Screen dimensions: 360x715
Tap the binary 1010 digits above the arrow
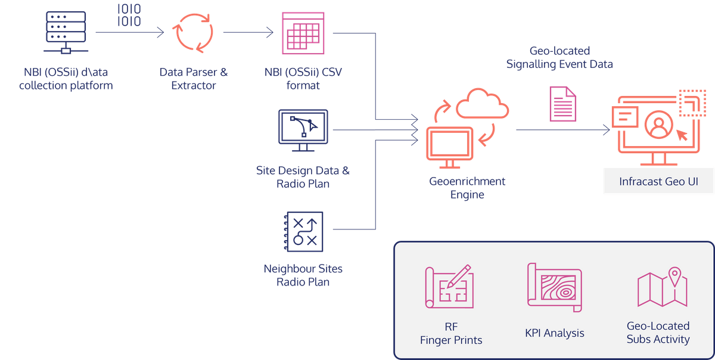pos(129,16)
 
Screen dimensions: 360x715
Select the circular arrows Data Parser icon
pos(193,33)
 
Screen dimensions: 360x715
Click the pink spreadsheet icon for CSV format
pos(303,33)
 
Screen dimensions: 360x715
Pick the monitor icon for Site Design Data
pos(303,129)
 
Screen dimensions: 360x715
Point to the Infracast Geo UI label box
pos(658,181)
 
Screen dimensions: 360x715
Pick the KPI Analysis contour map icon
pos(554,288)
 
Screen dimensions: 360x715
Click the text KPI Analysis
pos(555,333)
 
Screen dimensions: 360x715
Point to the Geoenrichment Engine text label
pos(467,188)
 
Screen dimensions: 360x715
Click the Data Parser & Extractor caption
pos(193,79)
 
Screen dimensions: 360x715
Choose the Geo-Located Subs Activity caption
pos(658,333)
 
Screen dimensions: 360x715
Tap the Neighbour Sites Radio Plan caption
pos(303,275)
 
